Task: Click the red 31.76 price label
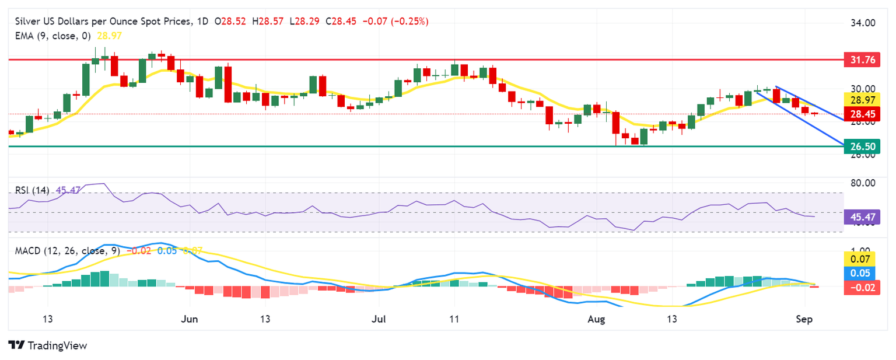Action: coord(862,60)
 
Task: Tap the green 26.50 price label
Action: coord(862,146)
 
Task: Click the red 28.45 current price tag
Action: coord(862,113)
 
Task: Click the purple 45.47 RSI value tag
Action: coord(862,218)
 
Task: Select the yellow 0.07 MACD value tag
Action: coord(862,259)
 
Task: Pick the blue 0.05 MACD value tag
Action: coord(862,273)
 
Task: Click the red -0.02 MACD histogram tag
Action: coord(862,287)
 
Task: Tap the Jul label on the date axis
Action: coord(379,319)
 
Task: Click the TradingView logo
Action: coord(48,345)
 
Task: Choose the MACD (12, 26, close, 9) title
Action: coord(64,251)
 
